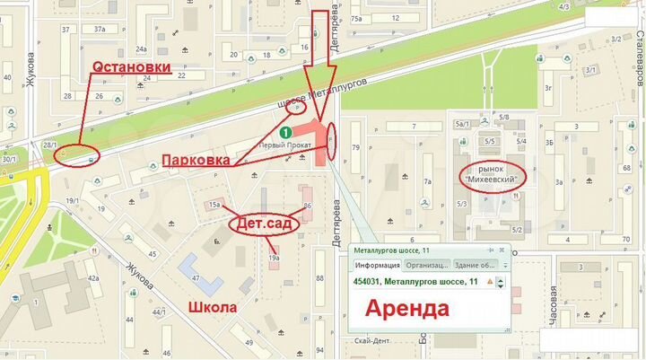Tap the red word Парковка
195,160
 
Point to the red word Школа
213,307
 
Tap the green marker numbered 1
285,132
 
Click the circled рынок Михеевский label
492,175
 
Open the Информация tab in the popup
377,266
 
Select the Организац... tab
427,266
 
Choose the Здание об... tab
475,266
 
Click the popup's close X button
501,250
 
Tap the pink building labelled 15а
214,206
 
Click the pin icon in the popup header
490,250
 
